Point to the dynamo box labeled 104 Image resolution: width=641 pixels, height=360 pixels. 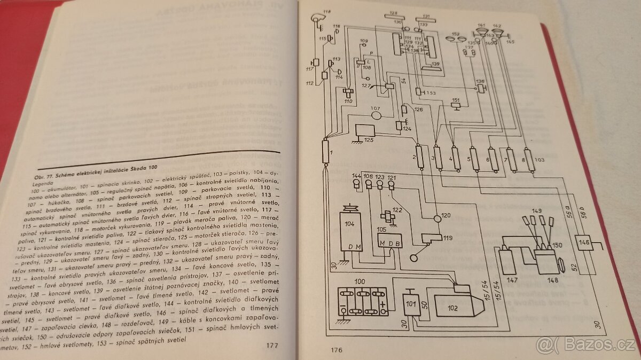[x=353, y=237]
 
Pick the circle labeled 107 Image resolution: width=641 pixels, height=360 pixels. [x=378, y=114]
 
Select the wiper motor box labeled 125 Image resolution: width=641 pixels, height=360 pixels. [x=366, y=133]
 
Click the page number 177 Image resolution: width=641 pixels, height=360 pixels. [x=272, y=345]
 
